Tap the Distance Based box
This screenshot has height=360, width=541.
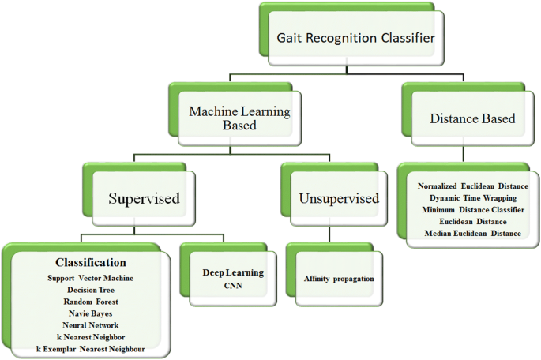point(472,118)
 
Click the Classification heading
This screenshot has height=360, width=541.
point(90,262)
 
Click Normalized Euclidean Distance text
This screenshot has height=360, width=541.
point(472,186)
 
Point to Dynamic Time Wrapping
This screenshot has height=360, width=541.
point(472,197)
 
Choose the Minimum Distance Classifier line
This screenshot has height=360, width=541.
point(472,209)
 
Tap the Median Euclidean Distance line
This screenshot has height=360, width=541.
point(472,234)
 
